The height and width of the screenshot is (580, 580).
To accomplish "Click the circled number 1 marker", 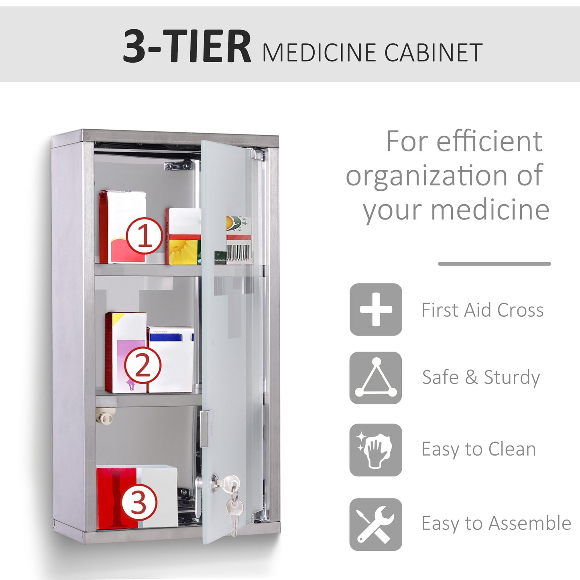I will point(144,236).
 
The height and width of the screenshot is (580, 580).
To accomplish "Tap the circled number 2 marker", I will point(142,365).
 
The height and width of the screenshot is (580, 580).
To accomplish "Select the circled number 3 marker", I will point(139,502).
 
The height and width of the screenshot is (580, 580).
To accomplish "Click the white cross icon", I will point(376,309).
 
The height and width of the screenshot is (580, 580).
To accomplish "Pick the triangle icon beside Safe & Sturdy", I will point(376,378).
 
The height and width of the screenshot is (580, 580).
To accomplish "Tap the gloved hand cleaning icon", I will point(376,450).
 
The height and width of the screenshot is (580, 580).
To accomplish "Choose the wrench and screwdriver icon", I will point(376,524).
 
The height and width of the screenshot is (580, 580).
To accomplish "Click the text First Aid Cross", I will point(482,310).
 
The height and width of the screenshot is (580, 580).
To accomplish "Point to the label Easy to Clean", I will point(478,449).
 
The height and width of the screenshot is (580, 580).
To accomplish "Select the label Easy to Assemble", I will point(496,523).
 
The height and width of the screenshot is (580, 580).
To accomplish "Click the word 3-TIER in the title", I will point(187,47).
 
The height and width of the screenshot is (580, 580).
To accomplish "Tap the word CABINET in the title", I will point(433,53).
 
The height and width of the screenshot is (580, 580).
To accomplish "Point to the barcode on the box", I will point(239,253).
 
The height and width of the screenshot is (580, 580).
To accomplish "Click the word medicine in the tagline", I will point(490,210).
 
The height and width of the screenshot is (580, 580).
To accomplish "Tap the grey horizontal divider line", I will point(494,264).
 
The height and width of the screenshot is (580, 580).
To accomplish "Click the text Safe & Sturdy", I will point(481,377).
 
